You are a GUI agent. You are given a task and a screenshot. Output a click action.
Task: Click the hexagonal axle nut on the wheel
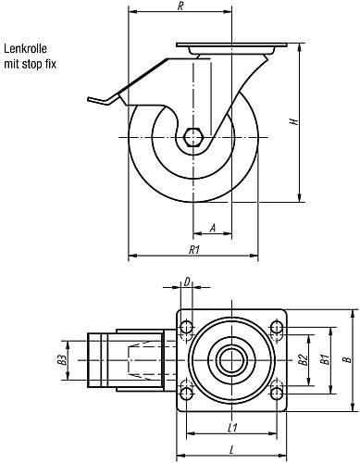coord(193,137)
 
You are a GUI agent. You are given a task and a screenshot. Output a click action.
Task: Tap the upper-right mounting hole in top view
coord(276,327)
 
